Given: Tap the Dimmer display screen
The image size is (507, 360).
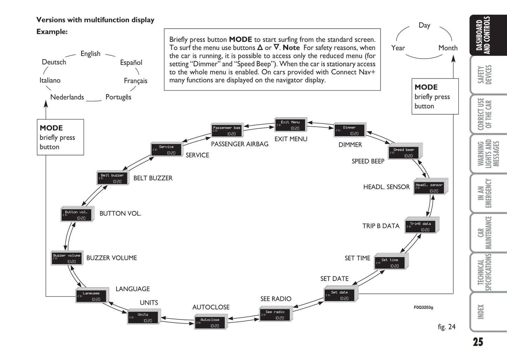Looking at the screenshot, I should point(349,131).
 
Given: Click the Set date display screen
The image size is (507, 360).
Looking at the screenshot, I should point(339,295).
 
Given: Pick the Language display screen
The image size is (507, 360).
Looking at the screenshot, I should point(91,296).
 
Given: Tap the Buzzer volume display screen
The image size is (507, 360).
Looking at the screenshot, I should point(67,258).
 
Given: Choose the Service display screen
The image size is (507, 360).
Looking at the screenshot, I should point(166,150).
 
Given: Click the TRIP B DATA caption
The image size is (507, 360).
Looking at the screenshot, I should point(381,226).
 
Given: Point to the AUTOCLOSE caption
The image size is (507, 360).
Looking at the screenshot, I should point(211,307).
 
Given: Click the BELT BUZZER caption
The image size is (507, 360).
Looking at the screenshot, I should point(153,178).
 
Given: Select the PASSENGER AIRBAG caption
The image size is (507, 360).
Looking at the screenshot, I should point(240,144).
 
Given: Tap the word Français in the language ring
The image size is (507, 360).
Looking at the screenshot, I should point(135,81).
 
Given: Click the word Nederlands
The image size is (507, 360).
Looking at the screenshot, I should point(67,97).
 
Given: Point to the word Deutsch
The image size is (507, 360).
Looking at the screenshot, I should point(54,62).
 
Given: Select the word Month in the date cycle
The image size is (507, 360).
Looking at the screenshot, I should point(448,48).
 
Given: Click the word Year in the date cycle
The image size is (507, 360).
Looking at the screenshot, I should point(398,48).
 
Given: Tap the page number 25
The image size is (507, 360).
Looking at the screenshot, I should point(478,342).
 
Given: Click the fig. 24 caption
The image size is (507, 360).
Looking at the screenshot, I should point(446,327).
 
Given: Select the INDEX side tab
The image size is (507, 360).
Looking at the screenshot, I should point(481,312).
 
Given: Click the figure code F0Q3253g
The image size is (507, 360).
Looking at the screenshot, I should point(423,307).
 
